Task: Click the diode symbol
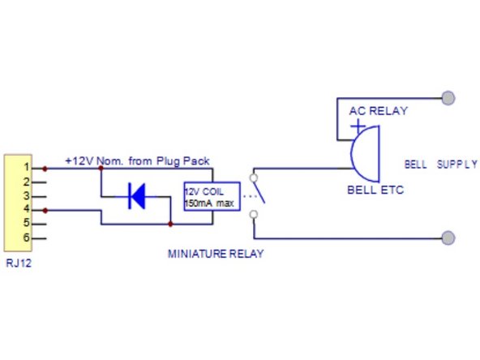(x=135, y=196)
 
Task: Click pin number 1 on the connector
(x=26, y=168)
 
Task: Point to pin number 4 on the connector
(x=26, y=210)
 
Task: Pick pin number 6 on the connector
(x=26, y=238)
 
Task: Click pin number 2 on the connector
(x=26, y=182)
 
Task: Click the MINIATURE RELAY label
(x=216, y=254)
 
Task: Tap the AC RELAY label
(x=378, y=111)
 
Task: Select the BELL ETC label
(x=375, y=191)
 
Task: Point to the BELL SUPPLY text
(x=441, y=164)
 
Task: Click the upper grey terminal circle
(x=448, y=98)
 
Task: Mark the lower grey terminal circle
(x=448, y=238)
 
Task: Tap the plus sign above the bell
(x=355, y=126)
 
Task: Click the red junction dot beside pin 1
(x=45, y=168)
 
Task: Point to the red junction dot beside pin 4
(x=45, y=210)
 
